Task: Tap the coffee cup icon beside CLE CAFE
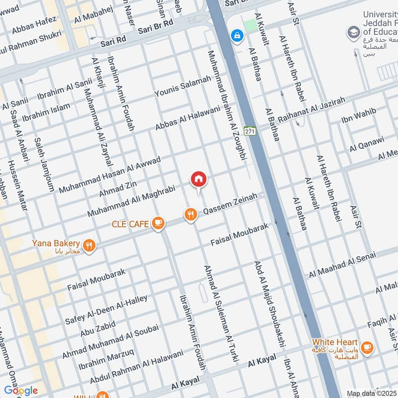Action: tap(158, 224)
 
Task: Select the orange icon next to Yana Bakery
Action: tap(89, 245)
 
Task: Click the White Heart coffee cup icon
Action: tap(367, 348)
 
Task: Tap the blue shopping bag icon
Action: tap(237, 35)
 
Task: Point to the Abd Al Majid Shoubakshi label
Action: tap(270, 304)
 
